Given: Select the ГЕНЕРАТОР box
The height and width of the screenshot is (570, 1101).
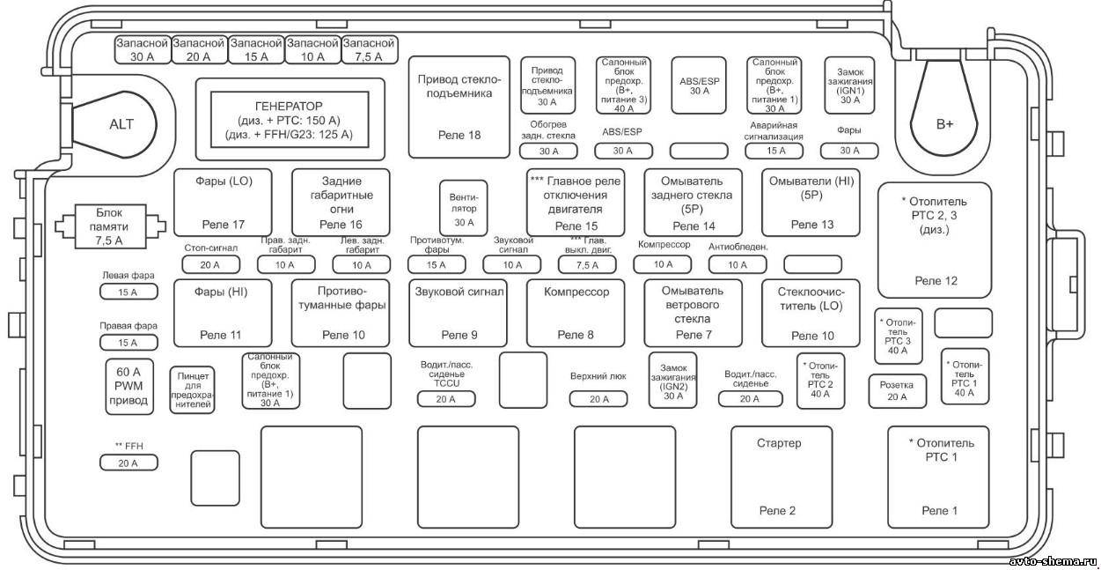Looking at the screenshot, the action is tap(290, 120).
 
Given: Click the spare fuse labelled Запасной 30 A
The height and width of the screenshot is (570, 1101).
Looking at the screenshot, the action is tap(143, 49).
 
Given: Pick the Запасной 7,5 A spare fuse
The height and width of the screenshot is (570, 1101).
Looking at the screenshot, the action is tap(369, 49).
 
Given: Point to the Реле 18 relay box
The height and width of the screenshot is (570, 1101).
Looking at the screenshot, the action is tap(459, 107).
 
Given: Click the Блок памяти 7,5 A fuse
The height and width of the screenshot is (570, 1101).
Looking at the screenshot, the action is tap(110, 226).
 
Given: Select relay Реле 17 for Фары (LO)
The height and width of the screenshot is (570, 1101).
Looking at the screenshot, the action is tap(223, 203).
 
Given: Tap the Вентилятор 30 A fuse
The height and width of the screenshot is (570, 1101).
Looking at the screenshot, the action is tap(464, 208).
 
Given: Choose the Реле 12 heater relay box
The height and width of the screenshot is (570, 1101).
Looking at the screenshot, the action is tap(935, 241).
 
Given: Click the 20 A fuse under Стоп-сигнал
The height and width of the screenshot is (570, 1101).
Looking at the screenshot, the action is tap(211, 265).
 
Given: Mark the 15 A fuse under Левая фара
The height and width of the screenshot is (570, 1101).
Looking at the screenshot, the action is tap(128, 292).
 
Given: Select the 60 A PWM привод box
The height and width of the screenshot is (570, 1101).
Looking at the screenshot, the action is tap(129, 387).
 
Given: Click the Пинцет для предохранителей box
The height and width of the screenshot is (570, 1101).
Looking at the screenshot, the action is tap(192, 390).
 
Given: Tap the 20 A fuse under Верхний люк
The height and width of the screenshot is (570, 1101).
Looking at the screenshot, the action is tap(598, 399).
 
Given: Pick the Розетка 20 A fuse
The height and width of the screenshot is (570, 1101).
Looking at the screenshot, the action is tap(897, 391).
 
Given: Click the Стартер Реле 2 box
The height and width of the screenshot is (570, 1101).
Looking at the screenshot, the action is tap(782, 477).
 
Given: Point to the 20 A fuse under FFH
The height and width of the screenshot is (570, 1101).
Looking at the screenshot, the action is tap(128, 463).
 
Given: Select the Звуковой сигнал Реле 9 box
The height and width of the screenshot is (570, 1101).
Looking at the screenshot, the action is tap(459, 313).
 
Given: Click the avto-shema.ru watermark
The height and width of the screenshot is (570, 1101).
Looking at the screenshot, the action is tap(1052, 561).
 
